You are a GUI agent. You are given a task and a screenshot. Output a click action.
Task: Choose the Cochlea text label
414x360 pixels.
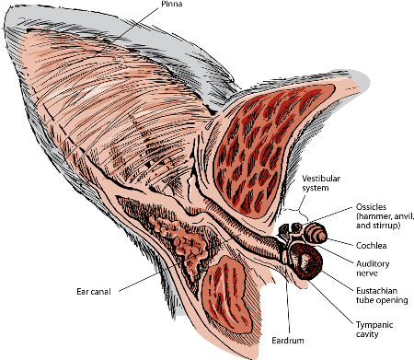click(373, 244)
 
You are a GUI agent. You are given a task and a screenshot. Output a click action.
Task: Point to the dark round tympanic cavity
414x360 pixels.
click(305, 265)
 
